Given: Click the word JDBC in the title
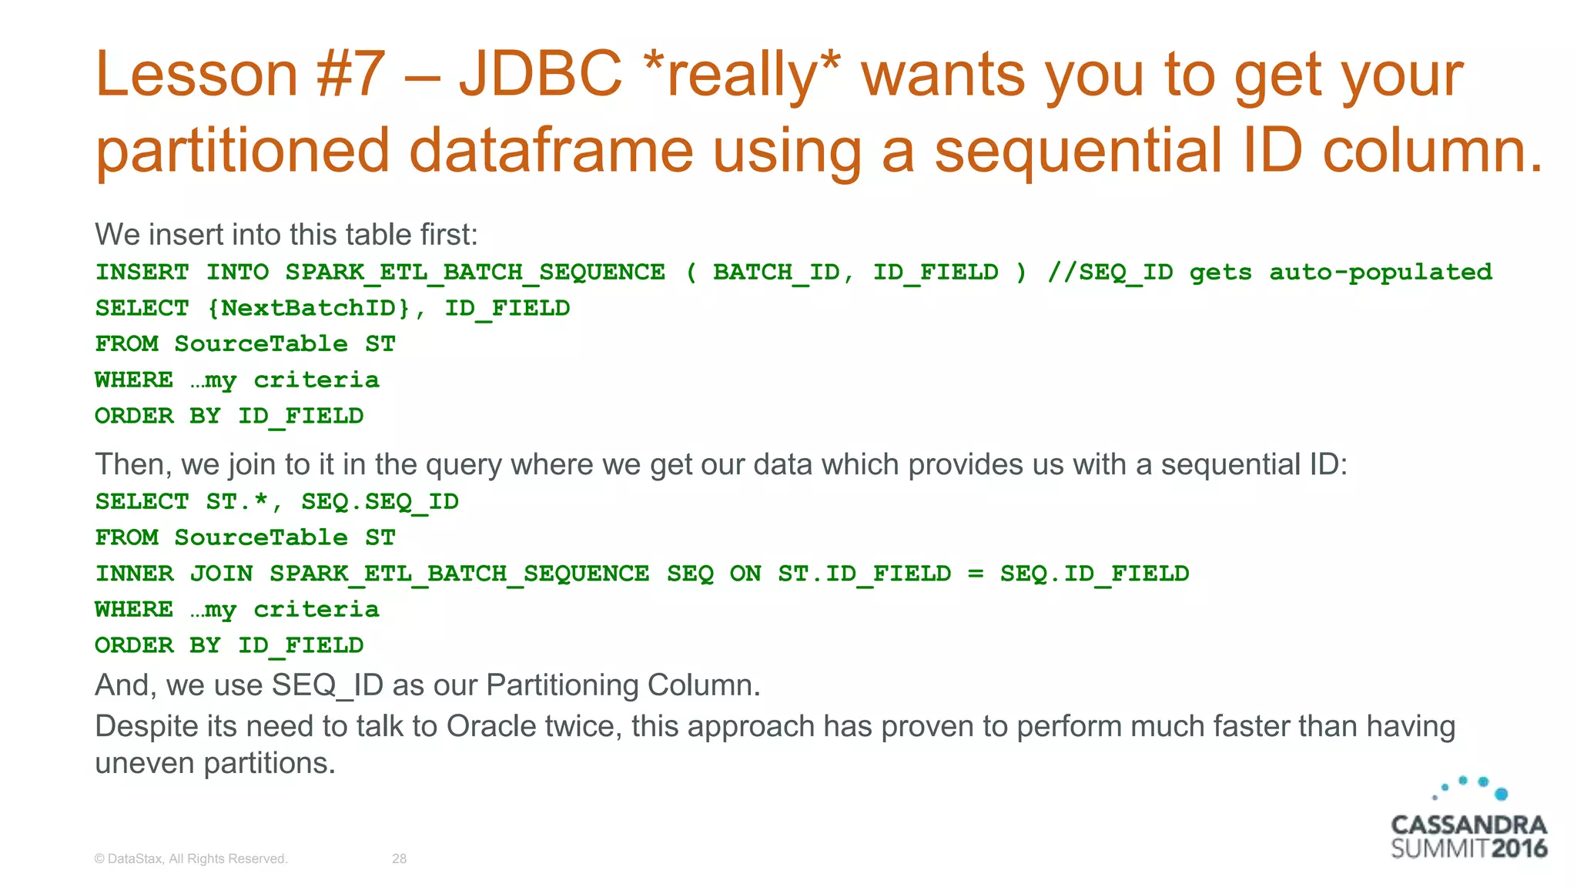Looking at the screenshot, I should click(540, 75).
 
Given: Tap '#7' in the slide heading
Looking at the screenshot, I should click(350, 75).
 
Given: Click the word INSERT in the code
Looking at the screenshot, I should click(142, 273).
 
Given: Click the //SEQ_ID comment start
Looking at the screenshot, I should click(1110, 273).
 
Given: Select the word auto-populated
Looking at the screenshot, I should click(1380, 273).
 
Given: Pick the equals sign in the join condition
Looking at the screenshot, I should click(976, 574).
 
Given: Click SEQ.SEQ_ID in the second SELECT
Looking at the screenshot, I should click(380, 502).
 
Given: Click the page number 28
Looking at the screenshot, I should click(399, 859).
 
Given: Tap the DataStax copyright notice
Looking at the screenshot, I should click(191, 859).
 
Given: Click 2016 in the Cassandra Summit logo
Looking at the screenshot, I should click(1518, 849).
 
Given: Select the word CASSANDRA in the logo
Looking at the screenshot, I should click(1468, 825).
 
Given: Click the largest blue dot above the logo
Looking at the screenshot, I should click(1501, 794).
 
